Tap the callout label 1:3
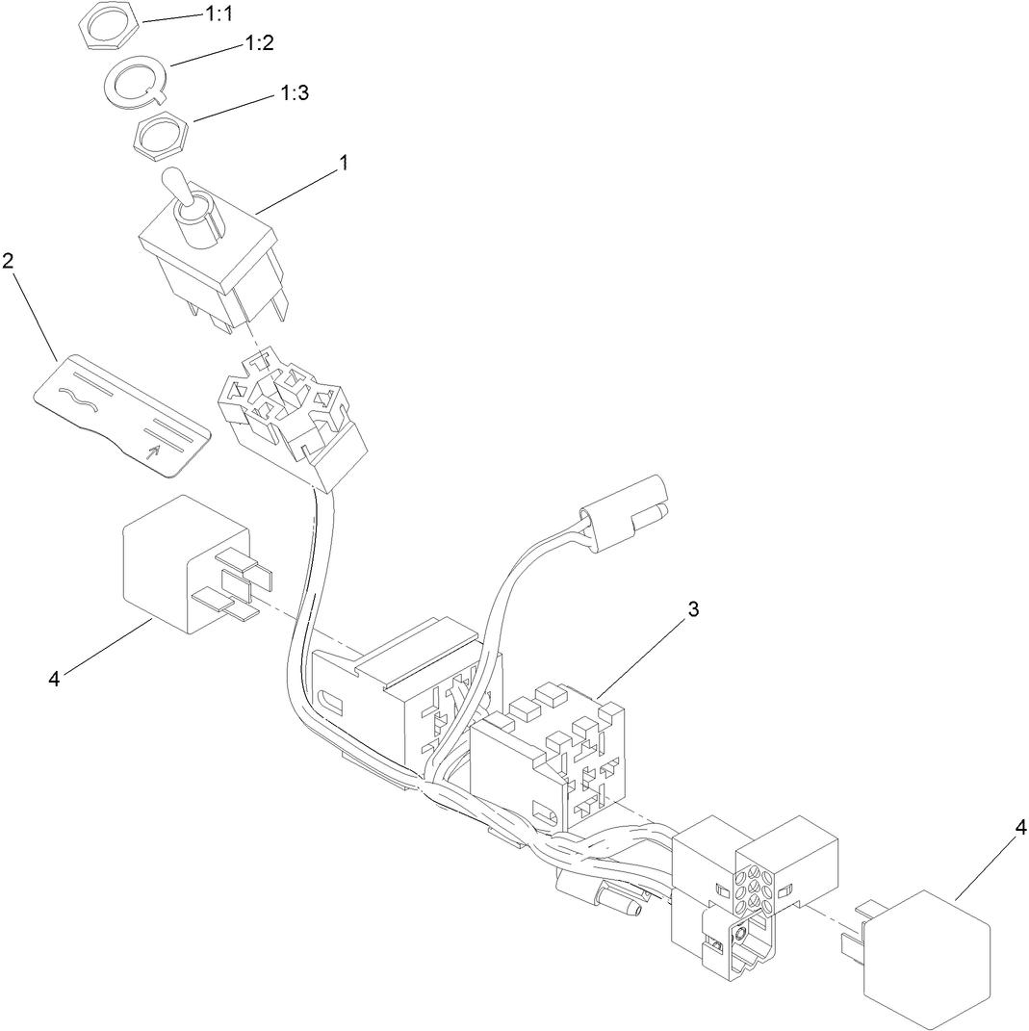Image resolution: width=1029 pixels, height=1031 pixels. coord(294,93)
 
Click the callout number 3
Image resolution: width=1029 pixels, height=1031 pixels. coord(693,610)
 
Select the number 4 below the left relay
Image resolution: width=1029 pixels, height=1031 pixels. coord(54,679)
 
